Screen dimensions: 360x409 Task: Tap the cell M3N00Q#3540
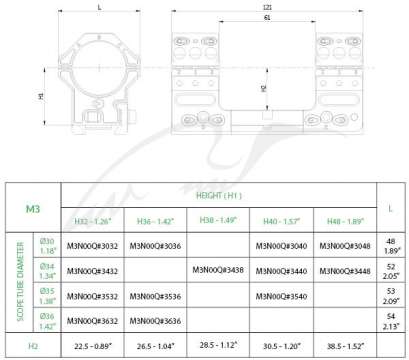[283, 297]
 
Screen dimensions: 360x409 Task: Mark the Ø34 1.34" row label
[45, 270]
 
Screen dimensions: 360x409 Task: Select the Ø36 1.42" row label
[45, 322]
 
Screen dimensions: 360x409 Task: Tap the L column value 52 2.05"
[390, 270]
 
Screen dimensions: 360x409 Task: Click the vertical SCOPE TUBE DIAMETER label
[16, 284]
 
